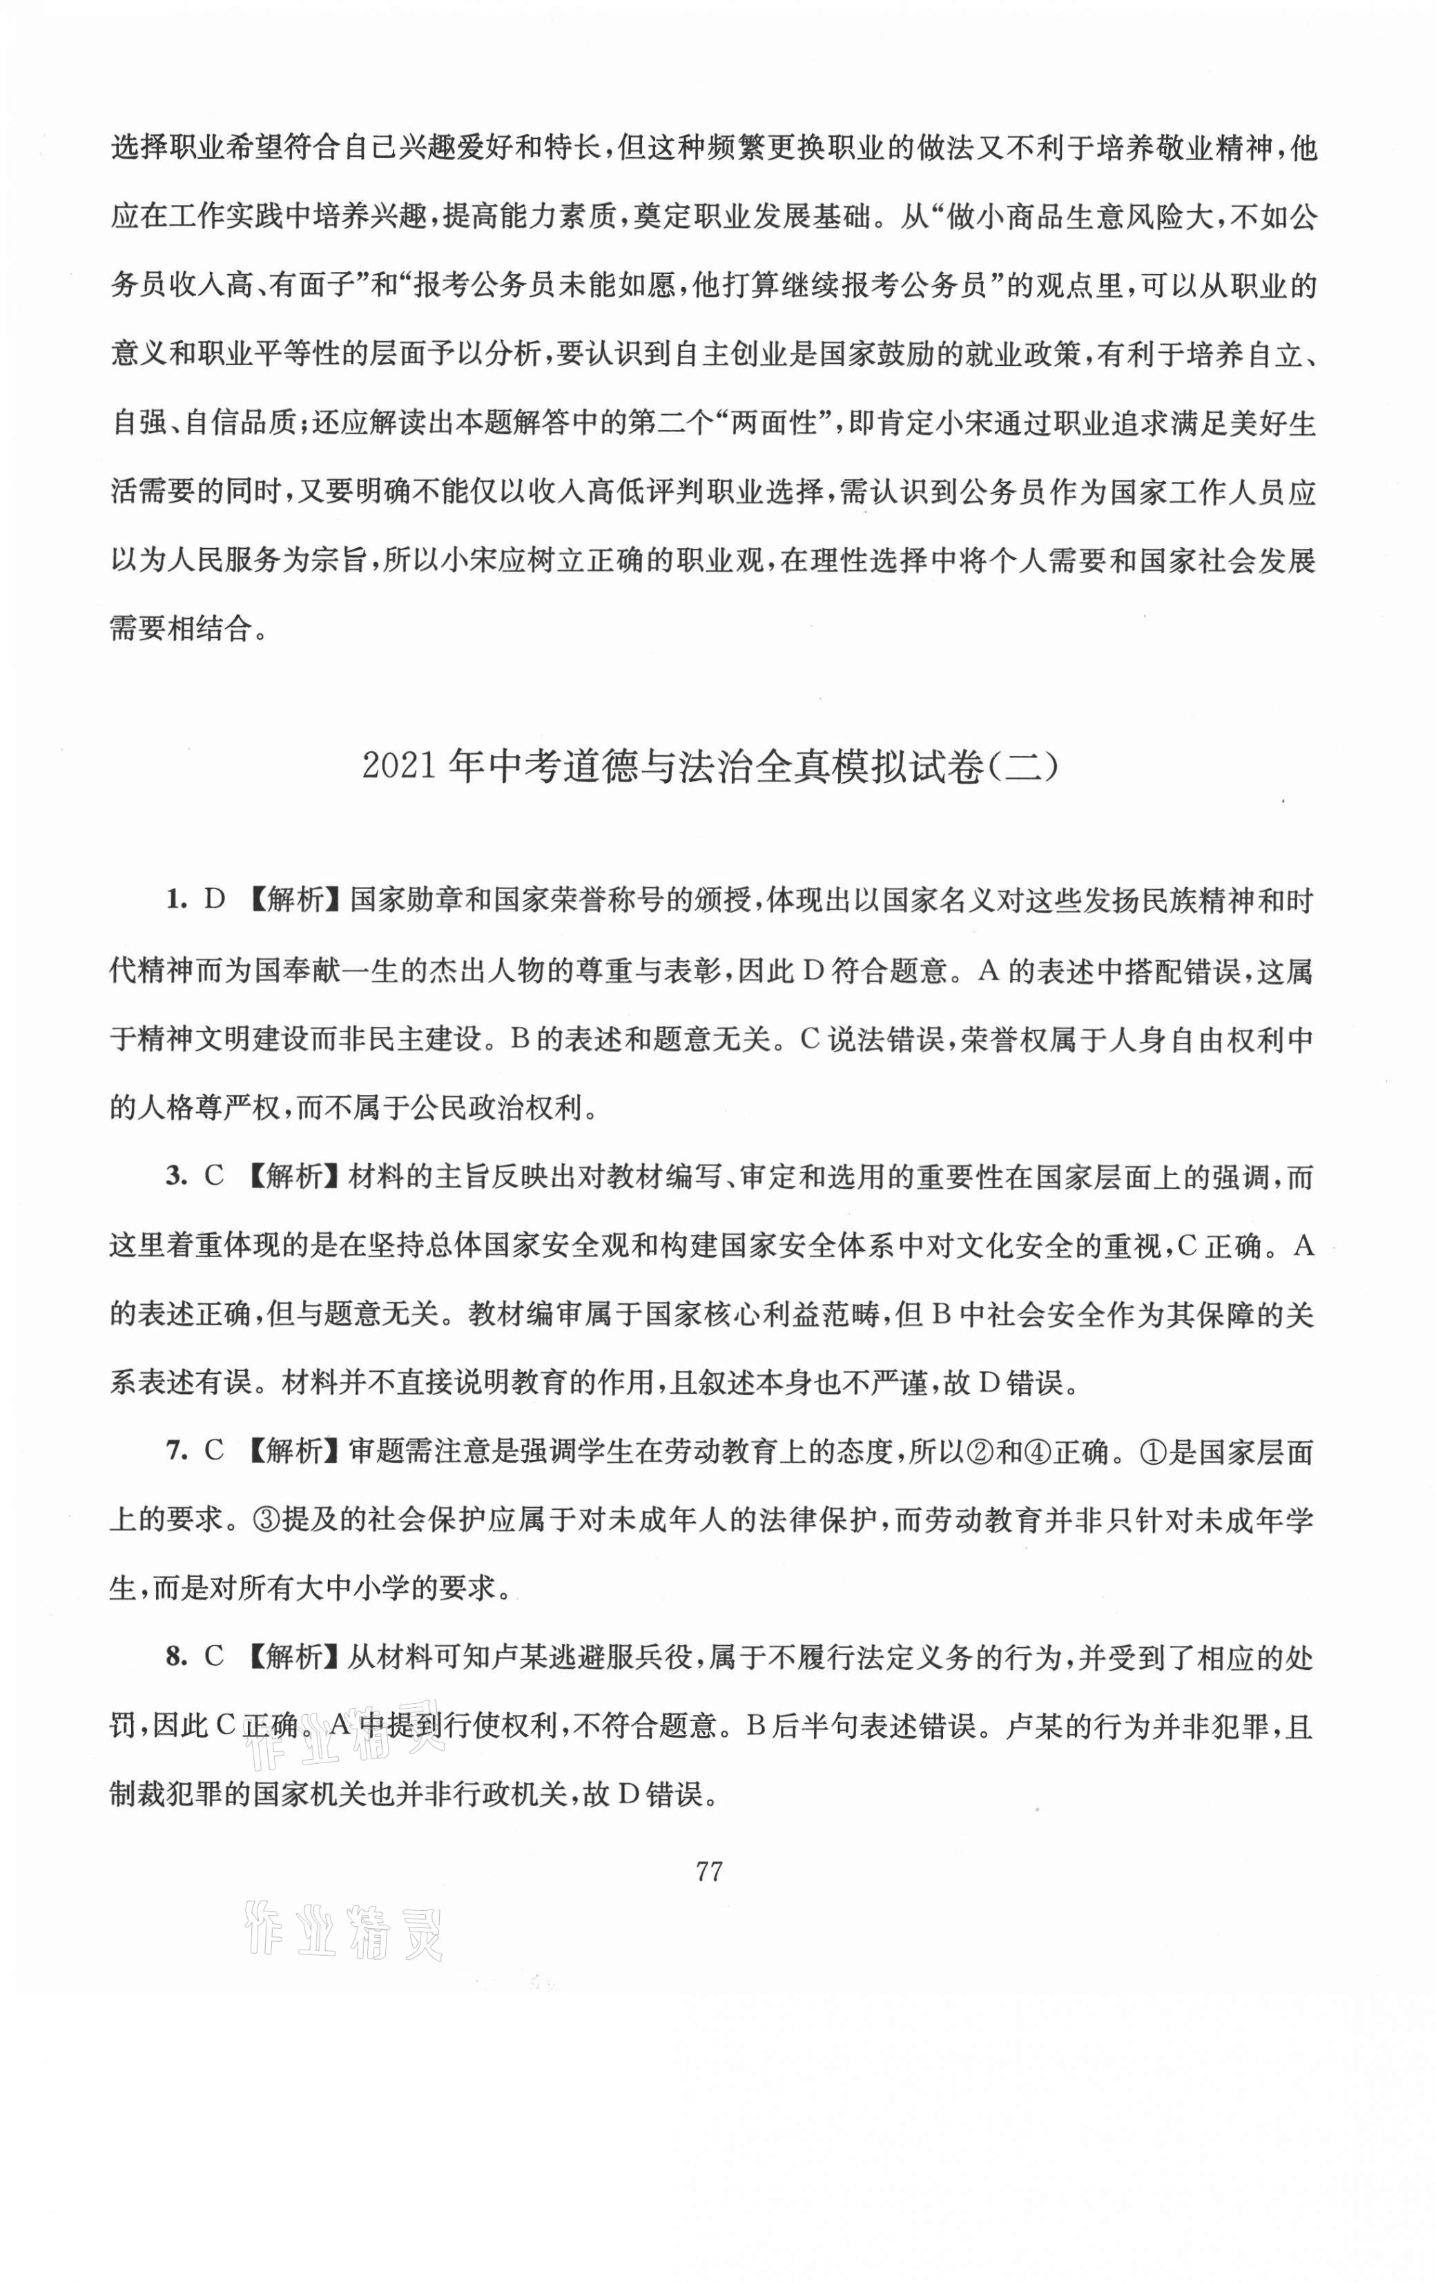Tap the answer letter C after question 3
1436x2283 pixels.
214,1176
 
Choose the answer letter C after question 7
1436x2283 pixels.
214,1452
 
